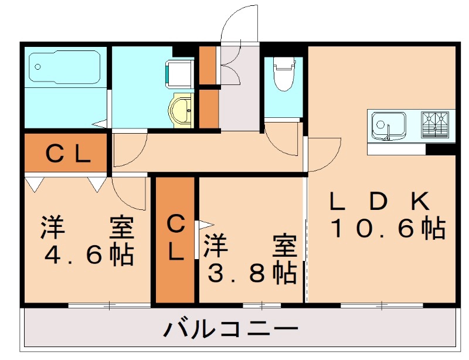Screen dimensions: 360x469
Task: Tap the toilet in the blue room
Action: point(283,76)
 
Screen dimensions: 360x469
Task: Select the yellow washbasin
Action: point(181,109)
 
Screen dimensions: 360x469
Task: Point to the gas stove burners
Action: point(434,125)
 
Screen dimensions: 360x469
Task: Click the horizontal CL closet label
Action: point(67,154)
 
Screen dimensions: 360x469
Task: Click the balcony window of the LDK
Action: point(382,305)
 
